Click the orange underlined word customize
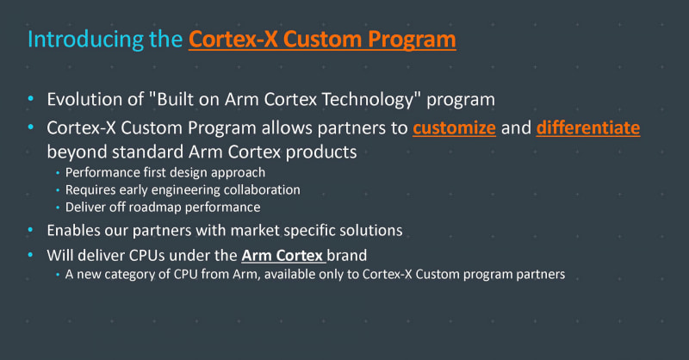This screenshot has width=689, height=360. tap(454, 128)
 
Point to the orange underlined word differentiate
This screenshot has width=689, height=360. tap(588, 128)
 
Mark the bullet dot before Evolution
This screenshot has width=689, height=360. tap(32, 98)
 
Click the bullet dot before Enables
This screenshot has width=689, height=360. tap(32, 230)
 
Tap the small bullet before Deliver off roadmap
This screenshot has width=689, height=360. tap(59, 208)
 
